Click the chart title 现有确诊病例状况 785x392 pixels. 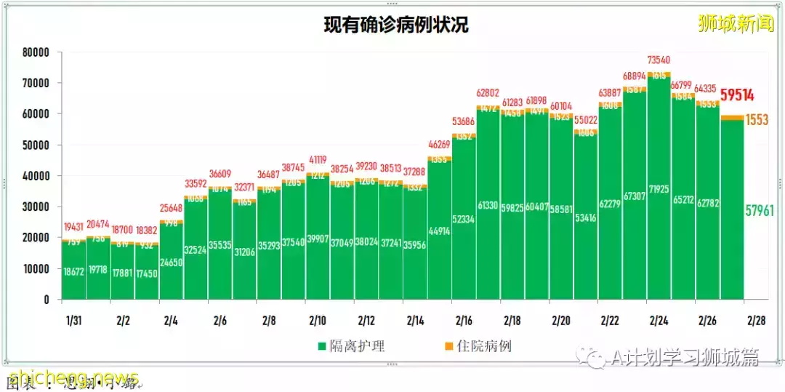pyautogui.click(x=396, y=25)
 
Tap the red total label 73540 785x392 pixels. pyautogui.click(x=659, y=60)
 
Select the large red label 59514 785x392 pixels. pyautogui.click(x=736, y=95)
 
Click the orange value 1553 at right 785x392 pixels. pyautogui.click(x=757, y=120)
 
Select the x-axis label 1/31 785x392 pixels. pyautogui.click(x=73, y=320)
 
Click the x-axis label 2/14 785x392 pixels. pyautogui.click(x=415, y=320)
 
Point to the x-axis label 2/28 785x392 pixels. pyautogui.click(x=756, y=320)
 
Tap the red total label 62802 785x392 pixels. pyautogui.click(x=488, y=93)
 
